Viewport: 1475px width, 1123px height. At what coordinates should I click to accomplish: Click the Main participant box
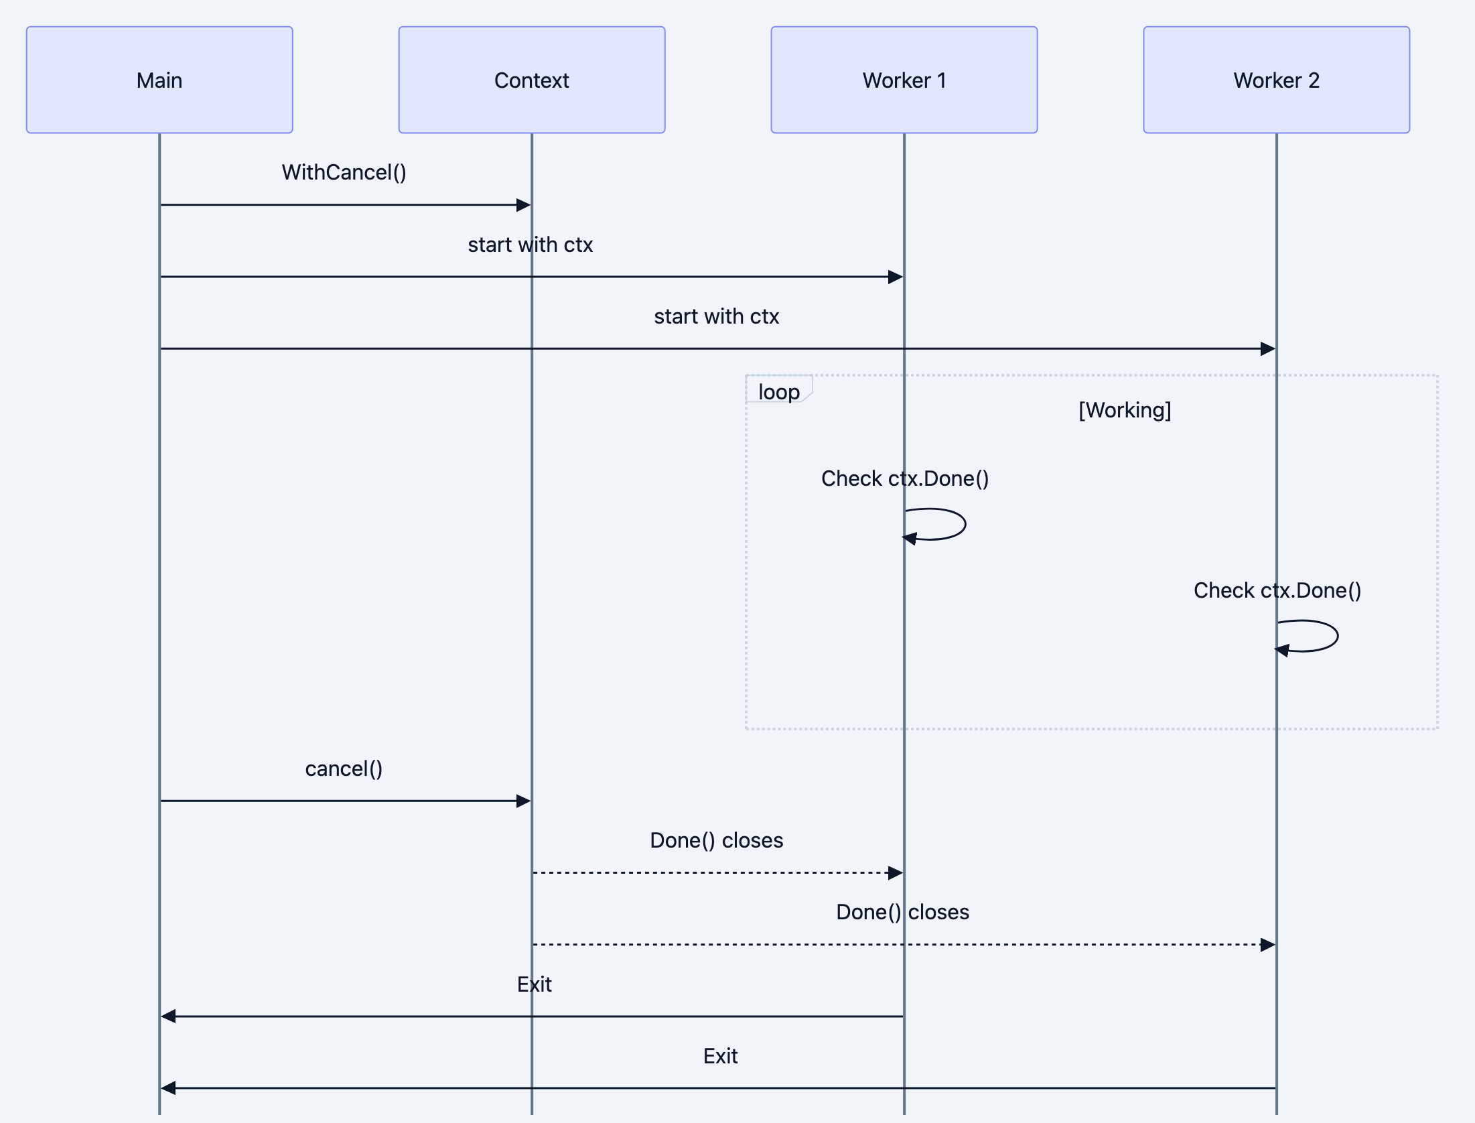(x=159, y=80)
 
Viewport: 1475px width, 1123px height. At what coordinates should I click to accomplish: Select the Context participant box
(x=531, y=80)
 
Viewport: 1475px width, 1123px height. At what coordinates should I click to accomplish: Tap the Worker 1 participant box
(x=904, y=80)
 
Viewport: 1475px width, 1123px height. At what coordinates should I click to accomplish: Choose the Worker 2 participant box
(x=1276, y=80)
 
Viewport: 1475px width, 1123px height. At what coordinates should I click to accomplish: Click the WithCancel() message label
(x=344, y=172)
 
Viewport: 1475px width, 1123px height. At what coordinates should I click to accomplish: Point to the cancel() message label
(x=344, y=769)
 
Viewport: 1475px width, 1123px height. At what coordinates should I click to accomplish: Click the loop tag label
(x=778, y=391)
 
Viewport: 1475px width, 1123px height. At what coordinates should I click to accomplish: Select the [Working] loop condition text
(x=1125, y=409)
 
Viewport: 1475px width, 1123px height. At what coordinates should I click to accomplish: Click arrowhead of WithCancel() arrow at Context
(x=524, y=205)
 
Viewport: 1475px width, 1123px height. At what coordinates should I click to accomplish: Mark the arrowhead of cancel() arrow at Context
(x=524, y=801)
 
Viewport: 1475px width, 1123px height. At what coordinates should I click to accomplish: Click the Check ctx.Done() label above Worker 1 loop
(x=904, y=478)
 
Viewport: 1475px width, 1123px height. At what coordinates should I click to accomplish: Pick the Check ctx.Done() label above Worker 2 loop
(x=1277, y=590)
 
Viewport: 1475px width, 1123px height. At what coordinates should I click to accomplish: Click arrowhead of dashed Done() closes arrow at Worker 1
(x=896, y=872)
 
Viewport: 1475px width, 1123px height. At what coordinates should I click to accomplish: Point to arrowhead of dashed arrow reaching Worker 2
(x=1268, y=945)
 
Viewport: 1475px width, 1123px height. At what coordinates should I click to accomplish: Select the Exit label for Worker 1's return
(x=534, y=984)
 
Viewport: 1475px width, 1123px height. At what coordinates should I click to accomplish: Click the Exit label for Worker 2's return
(x=720, y=1056)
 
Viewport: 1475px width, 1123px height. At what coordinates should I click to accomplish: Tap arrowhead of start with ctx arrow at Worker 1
(x=896, y=277)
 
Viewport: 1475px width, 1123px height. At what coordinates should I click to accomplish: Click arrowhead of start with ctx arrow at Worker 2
(x=1268, y=348)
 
